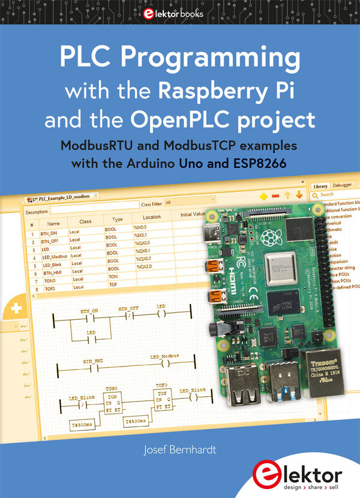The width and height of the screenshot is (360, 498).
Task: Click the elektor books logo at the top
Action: point(180,13)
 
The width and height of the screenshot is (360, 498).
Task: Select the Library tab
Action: point(320,186)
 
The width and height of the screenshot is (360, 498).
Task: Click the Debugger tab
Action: point(342,186)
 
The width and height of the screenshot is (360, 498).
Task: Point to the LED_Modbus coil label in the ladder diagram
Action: point(164,356)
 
